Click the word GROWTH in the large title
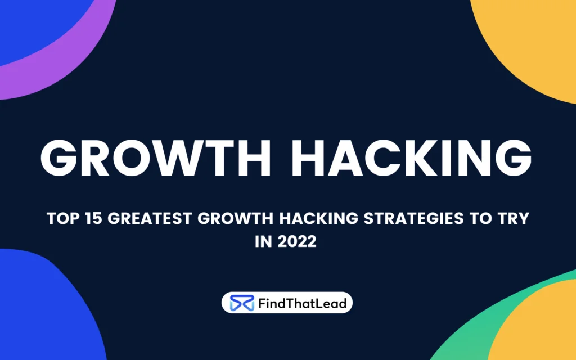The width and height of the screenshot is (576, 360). [156, 158]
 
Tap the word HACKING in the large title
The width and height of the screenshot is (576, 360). [411, 158]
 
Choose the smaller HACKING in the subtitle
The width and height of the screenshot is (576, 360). [318, 218]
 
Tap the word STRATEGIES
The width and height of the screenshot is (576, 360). [413, 218]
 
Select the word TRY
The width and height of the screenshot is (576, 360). [514, 218]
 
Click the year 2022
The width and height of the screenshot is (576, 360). [297, 242]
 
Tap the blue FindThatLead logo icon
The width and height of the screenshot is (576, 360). [242, 303]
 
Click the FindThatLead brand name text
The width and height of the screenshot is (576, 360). [302, 303]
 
